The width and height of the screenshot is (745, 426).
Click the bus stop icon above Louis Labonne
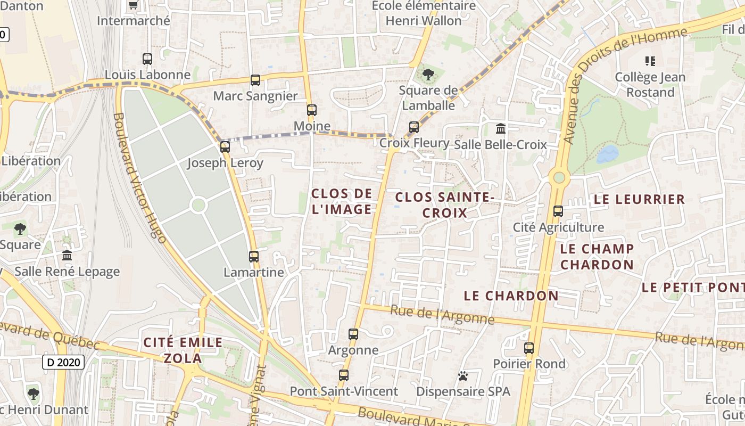click(147, 59)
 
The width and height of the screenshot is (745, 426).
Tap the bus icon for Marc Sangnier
click(255, 80)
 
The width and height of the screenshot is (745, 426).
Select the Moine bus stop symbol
click(312, 110)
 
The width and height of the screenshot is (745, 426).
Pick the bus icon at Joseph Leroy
click(225, 146)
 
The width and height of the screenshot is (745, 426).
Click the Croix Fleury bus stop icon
click(414, 127)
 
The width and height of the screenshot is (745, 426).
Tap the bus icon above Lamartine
click(254, 256)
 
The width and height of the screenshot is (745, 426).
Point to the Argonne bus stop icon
click(353, 334)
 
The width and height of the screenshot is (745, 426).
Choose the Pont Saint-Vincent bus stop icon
click(344, 375)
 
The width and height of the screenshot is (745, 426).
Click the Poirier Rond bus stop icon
click(529, 348)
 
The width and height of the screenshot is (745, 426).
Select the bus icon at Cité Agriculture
click(558, 211)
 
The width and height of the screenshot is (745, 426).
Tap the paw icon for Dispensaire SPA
click(463, 376)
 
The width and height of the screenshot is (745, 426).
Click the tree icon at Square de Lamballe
click(428, 74)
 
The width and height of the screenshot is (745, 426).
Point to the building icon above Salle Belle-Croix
click(501, 128)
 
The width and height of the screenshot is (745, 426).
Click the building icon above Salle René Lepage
click(67, 256)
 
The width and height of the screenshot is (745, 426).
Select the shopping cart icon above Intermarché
click(134, 5)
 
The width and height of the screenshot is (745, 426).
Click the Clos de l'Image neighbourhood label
click(342, 201)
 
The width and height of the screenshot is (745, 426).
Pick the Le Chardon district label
click(511, 296)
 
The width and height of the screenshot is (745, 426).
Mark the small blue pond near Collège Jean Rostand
click(607, 154)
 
